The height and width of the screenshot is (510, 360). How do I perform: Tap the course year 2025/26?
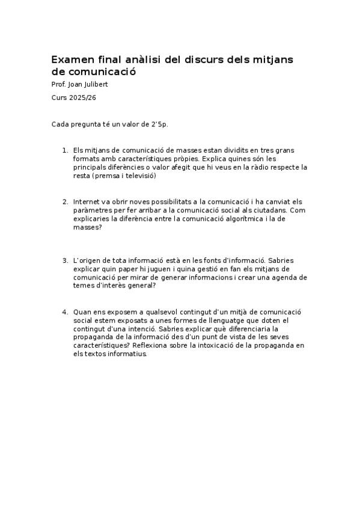82,97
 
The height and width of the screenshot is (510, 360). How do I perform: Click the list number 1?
65,150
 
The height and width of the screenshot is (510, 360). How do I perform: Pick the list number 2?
65,201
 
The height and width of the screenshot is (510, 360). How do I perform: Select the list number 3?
65,260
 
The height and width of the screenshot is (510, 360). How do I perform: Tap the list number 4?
65,312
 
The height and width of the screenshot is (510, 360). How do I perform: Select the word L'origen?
88,260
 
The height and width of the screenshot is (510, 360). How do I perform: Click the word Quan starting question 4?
82,312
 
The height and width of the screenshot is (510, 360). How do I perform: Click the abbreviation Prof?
58,84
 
